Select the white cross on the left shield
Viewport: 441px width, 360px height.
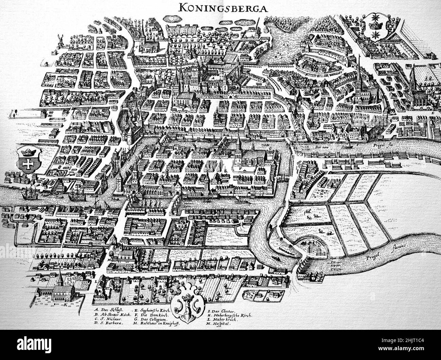click(x=26, y=164)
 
